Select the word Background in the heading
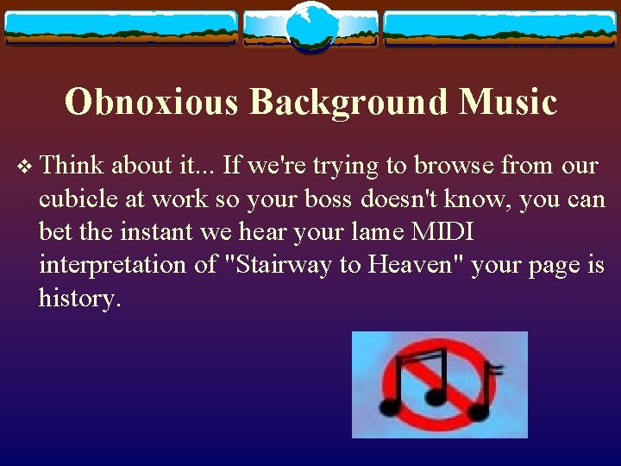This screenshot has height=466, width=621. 348,102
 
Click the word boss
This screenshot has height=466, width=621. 321,198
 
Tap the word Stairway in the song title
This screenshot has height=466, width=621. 274,264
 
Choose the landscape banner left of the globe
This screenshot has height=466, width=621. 121,28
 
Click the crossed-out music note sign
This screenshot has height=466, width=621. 439,384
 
